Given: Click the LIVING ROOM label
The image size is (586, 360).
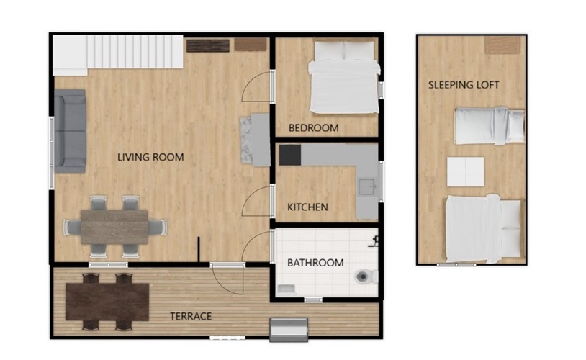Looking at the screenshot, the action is point(150,157).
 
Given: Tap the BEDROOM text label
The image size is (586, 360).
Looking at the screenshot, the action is point(314,128).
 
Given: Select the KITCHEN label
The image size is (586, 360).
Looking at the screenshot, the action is point(307,207).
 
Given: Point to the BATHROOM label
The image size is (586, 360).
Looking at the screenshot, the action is point(315,263).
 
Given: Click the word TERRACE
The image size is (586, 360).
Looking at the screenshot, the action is point(191,316).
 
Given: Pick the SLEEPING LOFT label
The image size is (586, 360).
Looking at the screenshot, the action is point(464,85).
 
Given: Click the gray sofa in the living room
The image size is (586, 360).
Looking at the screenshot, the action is point(71,131).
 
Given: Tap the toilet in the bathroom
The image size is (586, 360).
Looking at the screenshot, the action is point(366,276).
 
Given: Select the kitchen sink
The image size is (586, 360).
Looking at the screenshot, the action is point(367,186).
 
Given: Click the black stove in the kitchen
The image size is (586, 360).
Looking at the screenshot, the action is point(290,155).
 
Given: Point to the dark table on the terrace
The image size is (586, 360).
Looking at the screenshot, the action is point(107,302).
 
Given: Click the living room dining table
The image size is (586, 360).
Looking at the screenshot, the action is point(114,227).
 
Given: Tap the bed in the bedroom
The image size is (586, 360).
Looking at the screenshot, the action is point(344,76).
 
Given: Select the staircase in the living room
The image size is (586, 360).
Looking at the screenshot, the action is point(118,53).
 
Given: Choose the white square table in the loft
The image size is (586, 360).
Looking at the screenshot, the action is point(466,171).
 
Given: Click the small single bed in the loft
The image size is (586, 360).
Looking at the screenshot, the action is point(490,126).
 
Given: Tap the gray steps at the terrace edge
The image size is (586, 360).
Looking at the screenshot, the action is point(289,329).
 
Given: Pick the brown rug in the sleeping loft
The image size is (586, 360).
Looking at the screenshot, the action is point(502,45).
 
